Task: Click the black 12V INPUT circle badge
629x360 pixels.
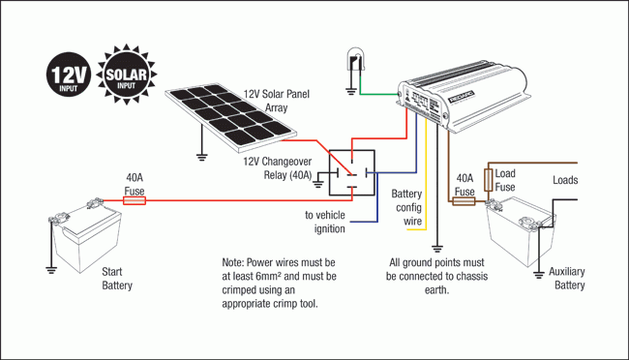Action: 69,74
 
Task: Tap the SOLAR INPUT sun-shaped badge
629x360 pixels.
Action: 127,75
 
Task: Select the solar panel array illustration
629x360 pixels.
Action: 231,118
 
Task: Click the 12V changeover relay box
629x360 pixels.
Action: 352,173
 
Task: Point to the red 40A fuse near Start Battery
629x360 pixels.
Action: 134,200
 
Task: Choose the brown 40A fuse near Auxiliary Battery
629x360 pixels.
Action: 464,201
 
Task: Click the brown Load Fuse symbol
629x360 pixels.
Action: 488,180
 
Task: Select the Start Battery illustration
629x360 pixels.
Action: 85,235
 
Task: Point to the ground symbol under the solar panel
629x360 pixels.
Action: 202,157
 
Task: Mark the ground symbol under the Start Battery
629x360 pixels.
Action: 51,270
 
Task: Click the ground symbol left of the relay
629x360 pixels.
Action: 318,184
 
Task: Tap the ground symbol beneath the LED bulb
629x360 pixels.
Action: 351,92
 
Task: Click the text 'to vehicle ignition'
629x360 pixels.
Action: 325,222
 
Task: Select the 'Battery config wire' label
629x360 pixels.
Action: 406,207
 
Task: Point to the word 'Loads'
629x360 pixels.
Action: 565,180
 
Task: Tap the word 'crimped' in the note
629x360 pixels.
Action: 238,290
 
